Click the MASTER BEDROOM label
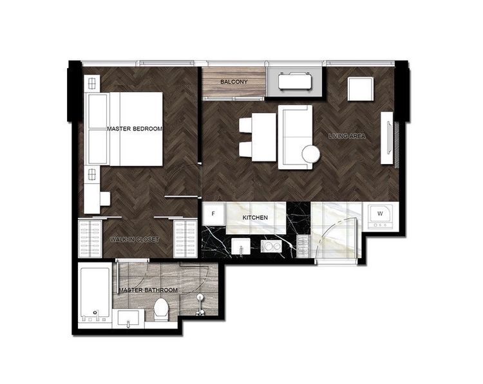[x=135, y=129]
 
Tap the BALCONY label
[x=234, y=82]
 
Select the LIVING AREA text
[x=347, y=136]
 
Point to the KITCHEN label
[x=255, y=217]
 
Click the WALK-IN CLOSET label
[x=135, y=239]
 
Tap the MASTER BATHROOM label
[x=148, y=290]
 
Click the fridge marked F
[x=213, y=214]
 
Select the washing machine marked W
[x=381, y=217]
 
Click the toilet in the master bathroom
[x=161, y=309]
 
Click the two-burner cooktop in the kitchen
[x=271, y=246]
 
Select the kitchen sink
[x=241, y=246]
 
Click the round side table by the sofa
[x=311, y=154]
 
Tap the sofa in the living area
[x=295, y=137]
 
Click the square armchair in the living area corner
[x=361, y=89]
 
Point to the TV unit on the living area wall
[x=387, y=138]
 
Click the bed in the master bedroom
[x=136, y=129]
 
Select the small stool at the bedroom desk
[x=105, y=199]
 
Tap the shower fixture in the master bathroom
[x=200, y=305]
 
